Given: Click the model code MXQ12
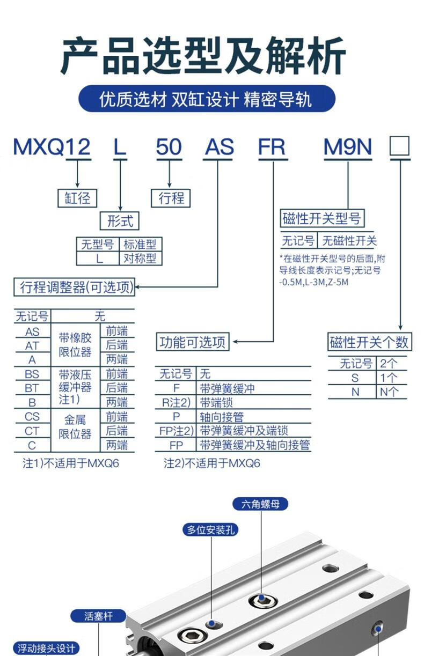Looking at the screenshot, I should pos(52,146).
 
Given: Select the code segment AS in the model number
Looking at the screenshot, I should pos(219,146).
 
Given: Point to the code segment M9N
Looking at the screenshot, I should pos(347,146).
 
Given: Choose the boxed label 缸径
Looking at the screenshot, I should pos(77,198).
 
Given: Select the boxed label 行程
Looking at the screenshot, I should pos(171,198).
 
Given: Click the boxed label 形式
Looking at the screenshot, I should pos(119,220).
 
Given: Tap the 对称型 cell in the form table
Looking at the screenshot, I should pos(140,259).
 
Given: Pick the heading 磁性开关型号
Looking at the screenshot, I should pos(321,218).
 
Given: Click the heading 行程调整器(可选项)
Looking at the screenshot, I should pos(74,288).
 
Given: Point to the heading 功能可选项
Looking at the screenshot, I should pos(193,342).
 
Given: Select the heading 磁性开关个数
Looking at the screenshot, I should pos(369,342).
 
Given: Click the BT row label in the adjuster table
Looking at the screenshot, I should pos(32,388).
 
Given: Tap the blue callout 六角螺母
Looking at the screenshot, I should pos(261,504).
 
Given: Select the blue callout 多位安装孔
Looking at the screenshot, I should pos(211,530).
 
